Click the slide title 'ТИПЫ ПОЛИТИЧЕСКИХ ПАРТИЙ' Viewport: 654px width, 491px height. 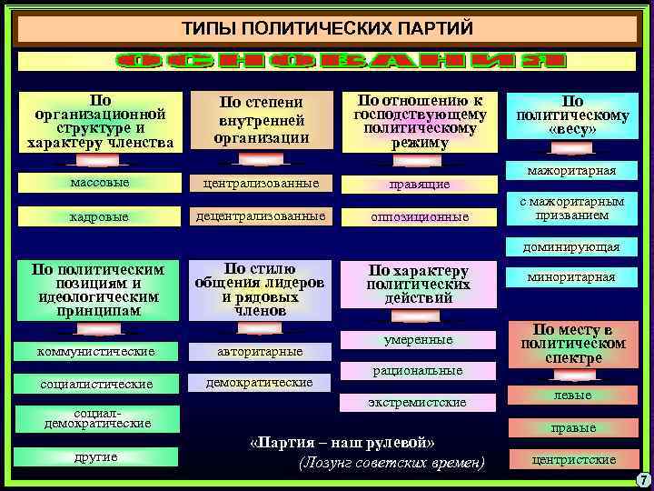point(327,28)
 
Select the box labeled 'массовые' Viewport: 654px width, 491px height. point(99,184)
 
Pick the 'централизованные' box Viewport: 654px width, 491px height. point(261,184)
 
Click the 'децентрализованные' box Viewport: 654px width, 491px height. point(261,216)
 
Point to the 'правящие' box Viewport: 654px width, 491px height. point(420,185)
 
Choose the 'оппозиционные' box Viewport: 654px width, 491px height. point(420,217)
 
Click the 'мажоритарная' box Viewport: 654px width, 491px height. point(571,171)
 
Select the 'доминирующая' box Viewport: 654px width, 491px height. point(571,246)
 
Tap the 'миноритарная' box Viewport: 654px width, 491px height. point(571,277)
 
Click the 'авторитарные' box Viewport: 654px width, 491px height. point(261,351)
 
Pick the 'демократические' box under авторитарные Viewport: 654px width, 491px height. point(261,383)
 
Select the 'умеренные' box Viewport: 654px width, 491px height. point(420,340)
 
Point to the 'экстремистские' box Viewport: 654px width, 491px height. point(420,402)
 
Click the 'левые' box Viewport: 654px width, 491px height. point(572,396)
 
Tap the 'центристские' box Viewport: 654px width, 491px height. point(572,459)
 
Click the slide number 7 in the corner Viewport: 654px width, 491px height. point(643,480)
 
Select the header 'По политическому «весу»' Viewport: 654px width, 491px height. point(572,115)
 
